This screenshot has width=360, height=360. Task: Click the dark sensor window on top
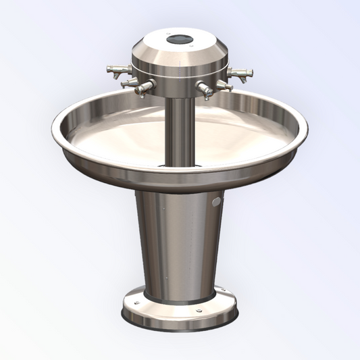pyautogui.click(x=180, y=39)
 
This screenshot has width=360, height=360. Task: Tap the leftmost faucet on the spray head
pyautogui.click(x=116, y=69)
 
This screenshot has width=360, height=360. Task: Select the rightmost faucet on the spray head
pyautogui.click(x=242, y=72)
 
